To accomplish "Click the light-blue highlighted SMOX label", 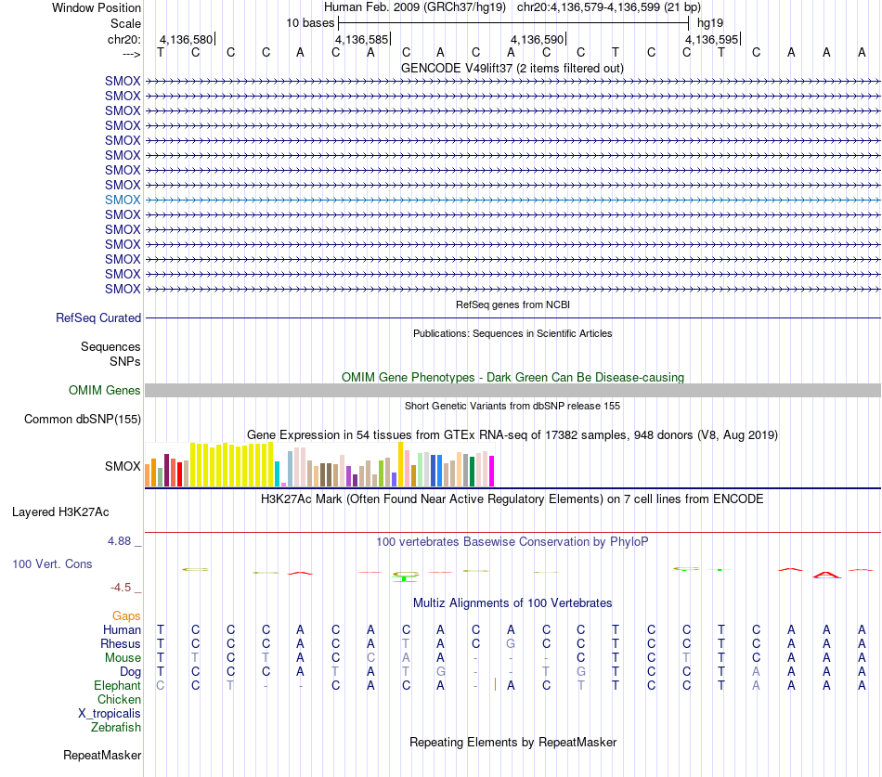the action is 123,200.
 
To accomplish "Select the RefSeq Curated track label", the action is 98,317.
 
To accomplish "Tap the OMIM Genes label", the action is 105,390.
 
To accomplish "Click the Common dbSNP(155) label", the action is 83,420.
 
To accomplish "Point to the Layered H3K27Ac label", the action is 60,512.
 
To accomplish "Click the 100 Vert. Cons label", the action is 52,563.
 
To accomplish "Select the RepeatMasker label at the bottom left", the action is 102,755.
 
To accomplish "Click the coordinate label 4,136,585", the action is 362,39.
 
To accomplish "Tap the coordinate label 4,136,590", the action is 538,39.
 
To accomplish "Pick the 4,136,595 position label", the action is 711,39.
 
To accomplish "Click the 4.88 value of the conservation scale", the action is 119,540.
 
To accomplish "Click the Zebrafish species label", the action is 116,727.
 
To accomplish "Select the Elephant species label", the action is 117,685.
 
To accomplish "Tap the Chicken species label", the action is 119,699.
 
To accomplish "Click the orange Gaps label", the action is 126,615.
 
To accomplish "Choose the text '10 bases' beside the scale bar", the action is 310,23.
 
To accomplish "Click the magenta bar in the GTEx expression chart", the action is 492,471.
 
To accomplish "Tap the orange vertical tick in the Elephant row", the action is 495,684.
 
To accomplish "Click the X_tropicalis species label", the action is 110,714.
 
